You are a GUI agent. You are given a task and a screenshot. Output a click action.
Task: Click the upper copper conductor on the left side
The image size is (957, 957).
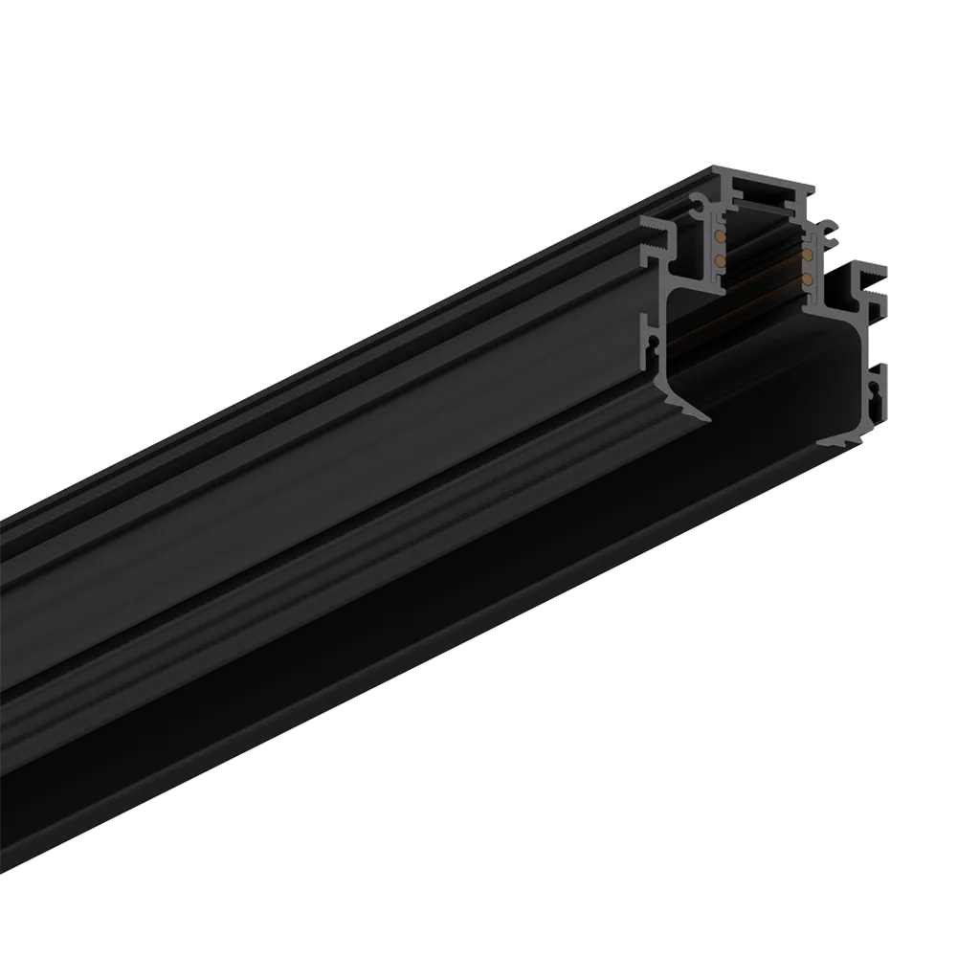pyautogui.click(x=718, y=235)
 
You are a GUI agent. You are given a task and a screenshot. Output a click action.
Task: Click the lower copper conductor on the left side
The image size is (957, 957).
pyautogui.click(x=718, y=258)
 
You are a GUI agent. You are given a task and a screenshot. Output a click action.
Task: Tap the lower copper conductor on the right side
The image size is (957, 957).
pyautogui.click(x=811, y=278)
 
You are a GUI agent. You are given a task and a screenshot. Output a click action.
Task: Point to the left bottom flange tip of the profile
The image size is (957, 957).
pyautogui.click(x=706, y=417)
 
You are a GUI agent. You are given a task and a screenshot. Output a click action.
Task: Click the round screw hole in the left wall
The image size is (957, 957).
pyautogui.click(x=655, y=340)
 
